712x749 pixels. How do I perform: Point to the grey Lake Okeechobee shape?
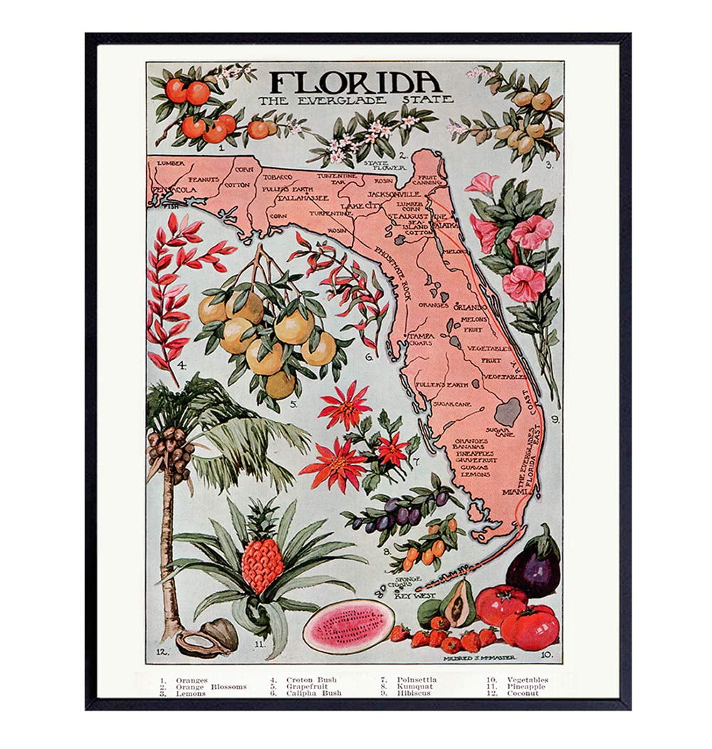[x=507, y=411]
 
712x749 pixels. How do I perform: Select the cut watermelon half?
[x=348, y=626]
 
